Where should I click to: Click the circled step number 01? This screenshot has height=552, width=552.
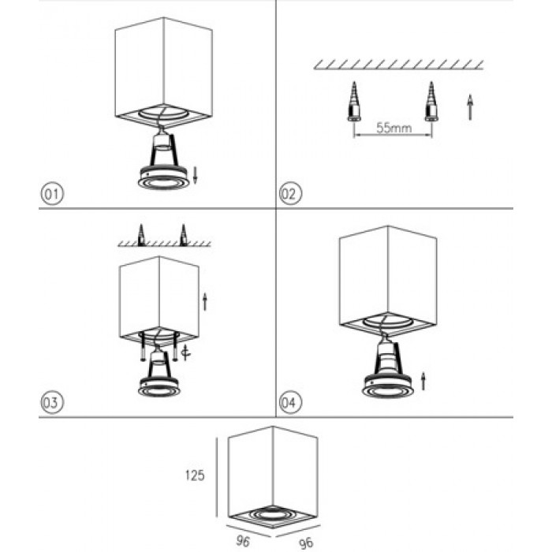(x=52, y=194)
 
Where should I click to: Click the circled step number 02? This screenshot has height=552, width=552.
(x=290, y=194)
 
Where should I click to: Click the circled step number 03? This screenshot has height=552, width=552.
(x=52, y=402)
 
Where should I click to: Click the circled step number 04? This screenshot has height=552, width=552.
(x=290, y=402)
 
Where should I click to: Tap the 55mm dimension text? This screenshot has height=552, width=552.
(x=394, y=128)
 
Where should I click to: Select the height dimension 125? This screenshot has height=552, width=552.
(x=195, y=476)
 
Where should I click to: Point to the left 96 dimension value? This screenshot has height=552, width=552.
(x=243, y=541)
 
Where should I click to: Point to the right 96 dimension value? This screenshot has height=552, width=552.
(x=306, y=543)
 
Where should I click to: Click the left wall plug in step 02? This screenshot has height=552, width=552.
(x=354, y=102)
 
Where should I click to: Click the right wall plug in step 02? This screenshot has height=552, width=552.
(x=431, y=102)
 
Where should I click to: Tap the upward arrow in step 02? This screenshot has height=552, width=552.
(x=470, y=107)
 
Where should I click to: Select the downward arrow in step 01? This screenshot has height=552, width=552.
(x=196, y=175)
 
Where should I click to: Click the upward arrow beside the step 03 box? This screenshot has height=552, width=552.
(x=205, y=302)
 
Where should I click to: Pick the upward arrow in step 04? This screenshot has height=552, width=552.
(x=423, y=381)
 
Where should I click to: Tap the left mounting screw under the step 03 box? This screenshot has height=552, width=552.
(x=142, y=346)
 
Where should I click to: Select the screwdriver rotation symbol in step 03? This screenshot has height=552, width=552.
(x=185, y=353)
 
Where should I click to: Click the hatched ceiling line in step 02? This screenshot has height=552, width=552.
(x=398, y=65)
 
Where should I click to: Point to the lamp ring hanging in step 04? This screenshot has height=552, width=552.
(x=388, y=386)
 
